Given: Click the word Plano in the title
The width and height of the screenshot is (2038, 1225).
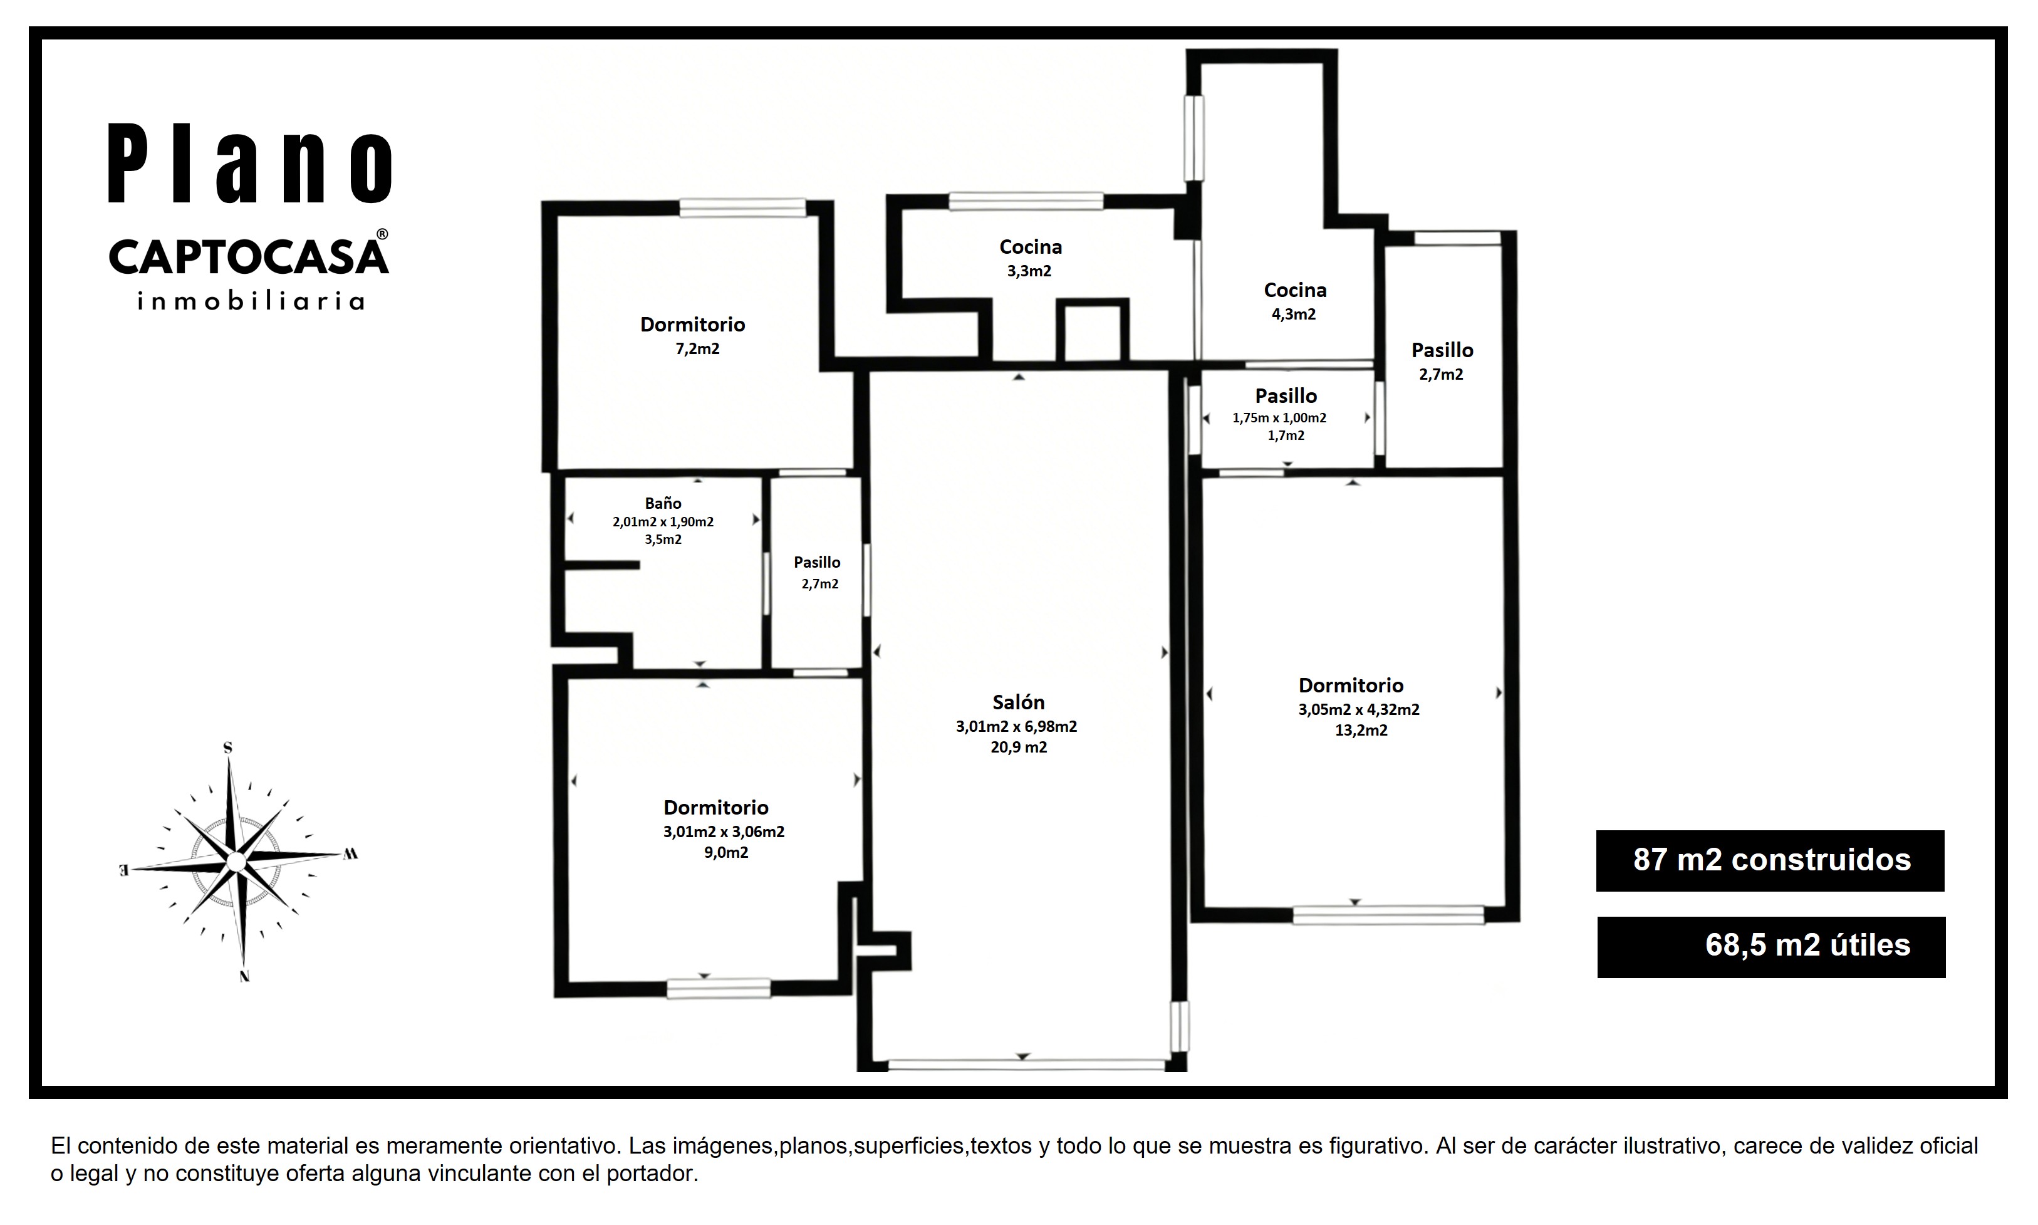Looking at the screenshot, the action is pyautogui.click(x=250, y=164).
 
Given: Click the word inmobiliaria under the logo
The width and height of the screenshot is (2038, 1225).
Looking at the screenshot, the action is pyautogui.click(x=251, y=301).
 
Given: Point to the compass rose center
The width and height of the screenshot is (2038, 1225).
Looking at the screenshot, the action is pyautogui.click(x=236, y=862).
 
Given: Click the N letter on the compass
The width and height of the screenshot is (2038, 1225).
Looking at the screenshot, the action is pyautogui.click(x=244, y=976).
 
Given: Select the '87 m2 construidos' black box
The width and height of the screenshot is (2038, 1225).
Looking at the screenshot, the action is pyautogui.click(x=1770, y=861).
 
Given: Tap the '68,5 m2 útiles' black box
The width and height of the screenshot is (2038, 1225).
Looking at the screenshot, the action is pyautogui.click(x=1772, y=947).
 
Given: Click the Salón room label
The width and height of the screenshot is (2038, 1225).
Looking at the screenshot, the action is pyautogui.click(x=1018, y=702).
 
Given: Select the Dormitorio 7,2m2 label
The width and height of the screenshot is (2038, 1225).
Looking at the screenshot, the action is pyautogui.click(x=693, y=336).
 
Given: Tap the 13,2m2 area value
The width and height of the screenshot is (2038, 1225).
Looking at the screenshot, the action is pyautogui.click(x=1361, y=731).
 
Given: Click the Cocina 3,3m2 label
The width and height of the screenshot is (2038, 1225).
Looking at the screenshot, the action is pyautogui.click(x=1031, y=258).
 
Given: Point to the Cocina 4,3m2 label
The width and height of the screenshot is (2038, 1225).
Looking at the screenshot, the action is pyautogui.click(x=1294, y=301).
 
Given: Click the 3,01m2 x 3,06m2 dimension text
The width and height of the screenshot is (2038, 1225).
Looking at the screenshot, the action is pyautogui.click(x=724, y=832).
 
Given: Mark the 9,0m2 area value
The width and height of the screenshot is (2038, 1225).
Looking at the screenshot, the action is pyautogui.click(x=726, y=853).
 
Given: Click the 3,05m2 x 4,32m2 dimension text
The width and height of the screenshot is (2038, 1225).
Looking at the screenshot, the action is pyautogui.click(x=1359, y=710).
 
